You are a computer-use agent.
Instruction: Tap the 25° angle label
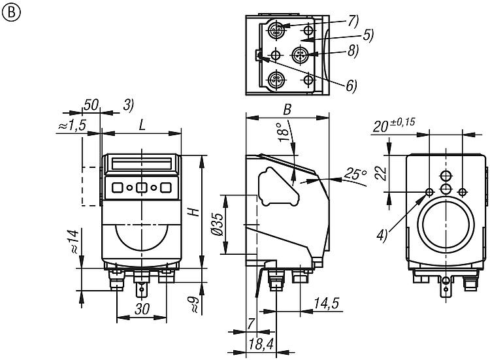tap(353, 174)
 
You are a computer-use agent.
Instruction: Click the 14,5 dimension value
tap(325, 304)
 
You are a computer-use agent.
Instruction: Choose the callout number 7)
tap(353, 20)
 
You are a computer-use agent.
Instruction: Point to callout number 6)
tap(352, 86)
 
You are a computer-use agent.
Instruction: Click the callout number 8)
tap(353, 52)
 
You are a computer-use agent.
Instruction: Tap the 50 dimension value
tap(91, 105)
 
